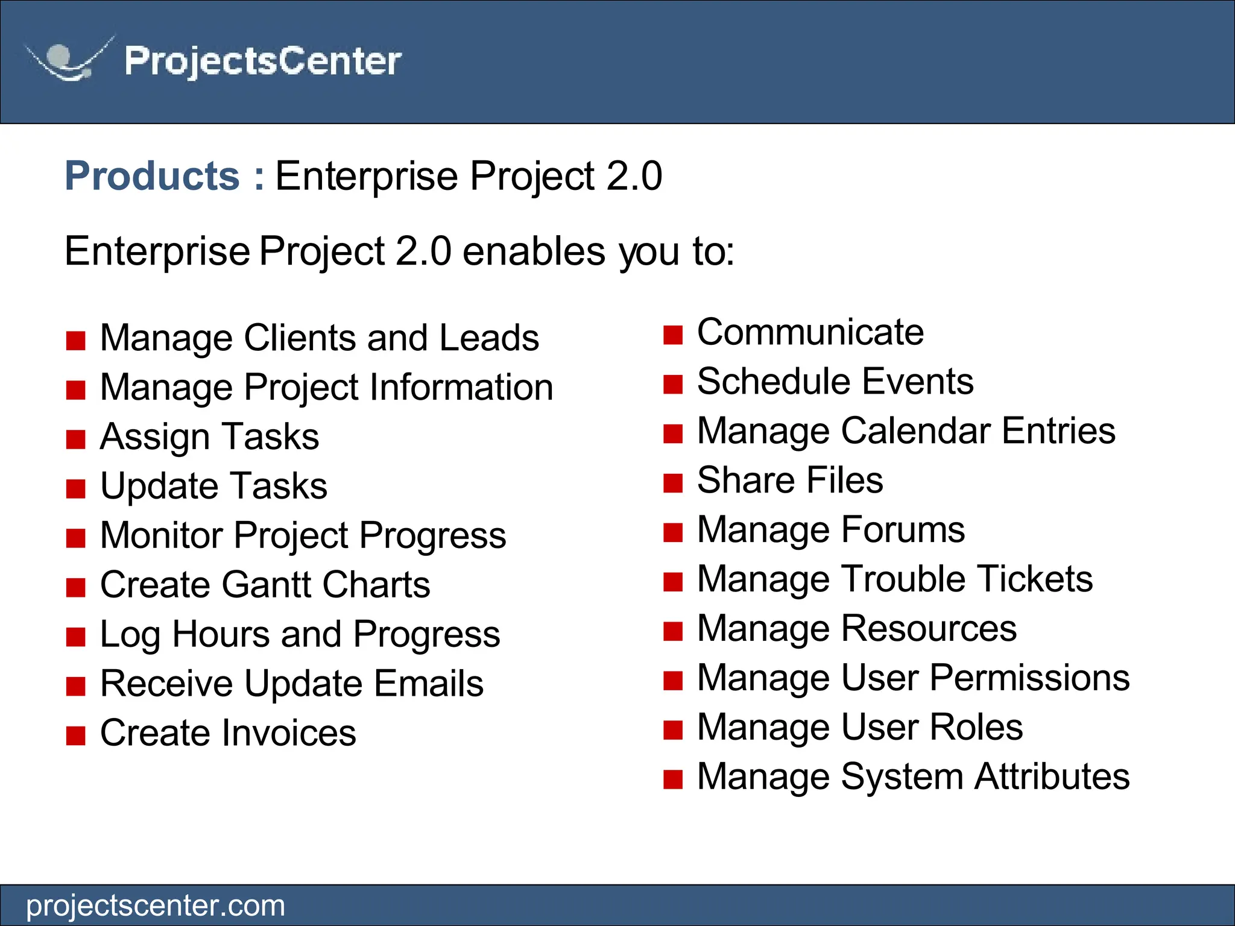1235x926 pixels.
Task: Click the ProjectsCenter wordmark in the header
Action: [x=263, y=61]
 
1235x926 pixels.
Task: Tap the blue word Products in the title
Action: [x=153, y=176]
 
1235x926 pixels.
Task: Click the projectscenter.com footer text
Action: [x=156, y=906]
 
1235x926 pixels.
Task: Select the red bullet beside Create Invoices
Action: [x=76, y=736]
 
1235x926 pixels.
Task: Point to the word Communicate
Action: [x=810, y=332]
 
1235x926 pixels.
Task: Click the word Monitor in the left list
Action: [x=161, y=535]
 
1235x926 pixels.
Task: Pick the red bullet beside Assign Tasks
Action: [x=76, y=439]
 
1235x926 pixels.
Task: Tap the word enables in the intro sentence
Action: [x=534, y=251]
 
